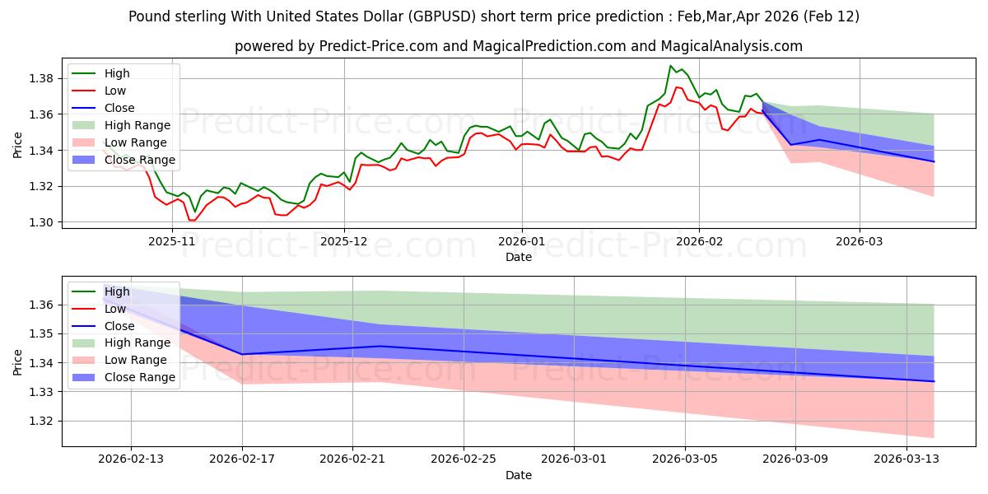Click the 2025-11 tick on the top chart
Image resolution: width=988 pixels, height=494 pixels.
[171, 242]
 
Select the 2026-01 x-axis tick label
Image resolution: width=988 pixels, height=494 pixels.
[521, 242]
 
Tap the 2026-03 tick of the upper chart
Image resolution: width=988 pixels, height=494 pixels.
[860, 242]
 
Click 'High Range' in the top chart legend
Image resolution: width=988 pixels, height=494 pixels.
[137, 125]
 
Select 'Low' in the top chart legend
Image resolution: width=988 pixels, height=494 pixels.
[115, 91]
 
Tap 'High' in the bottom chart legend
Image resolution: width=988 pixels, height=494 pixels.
[117, 291]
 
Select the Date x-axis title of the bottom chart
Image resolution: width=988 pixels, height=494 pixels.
[519, 475]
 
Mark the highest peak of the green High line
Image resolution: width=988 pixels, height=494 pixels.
[671, 66]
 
